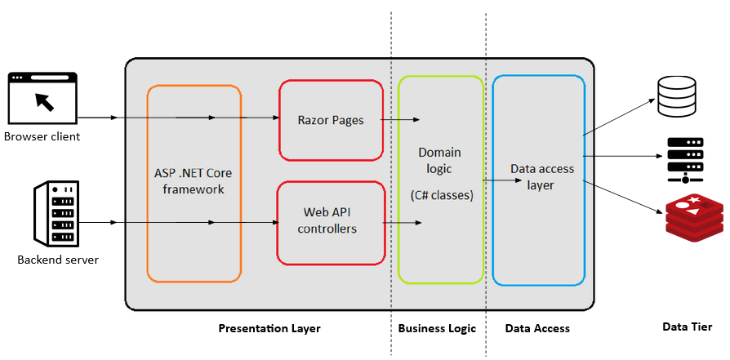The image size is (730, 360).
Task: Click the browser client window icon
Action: (x=42, y=99)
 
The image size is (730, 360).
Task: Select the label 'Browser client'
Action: (x=42, y=136)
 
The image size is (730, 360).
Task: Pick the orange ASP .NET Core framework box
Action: (x=194, y=183)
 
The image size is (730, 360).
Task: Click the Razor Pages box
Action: (x=331, y=120)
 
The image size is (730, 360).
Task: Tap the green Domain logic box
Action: (x=439, y=180)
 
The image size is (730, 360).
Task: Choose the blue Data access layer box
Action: (x=539, y=180)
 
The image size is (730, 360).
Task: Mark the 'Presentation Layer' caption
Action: (x=269, y=329)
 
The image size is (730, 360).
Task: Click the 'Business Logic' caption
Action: (x=437, y=329)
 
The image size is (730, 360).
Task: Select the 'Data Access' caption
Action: (x=537, y=329)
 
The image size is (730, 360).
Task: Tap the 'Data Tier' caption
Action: (x=687, y=327)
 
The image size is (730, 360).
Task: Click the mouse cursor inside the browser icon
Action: (x=44, y=101)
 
